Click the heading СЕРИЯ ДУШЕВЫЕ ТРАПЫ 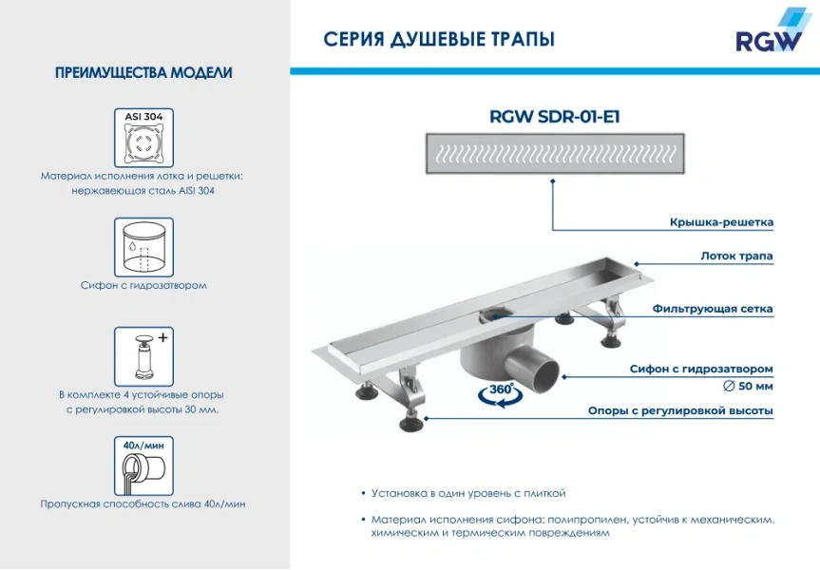[439, 39]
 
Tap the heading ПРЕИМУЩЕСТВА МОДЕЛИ [143, 73]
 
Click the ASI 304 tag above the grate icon [143, 116]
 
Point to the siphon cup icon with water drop [143, 246]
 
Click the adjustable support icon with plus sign [143, 355]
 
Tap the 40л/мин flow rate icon [143, 465]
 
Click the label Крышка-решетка [720, 222]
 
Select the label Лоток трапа [736, 256]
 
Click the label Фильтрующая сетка [713, 309]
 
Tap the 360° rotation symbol [497, 392]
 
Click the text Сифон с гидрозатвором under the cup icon [143, 284]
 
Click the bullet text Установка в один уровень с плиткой [468, 493]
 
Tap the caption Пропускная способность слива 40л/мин [143, 503]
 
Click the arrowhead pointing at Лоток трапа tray [636, 264]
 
